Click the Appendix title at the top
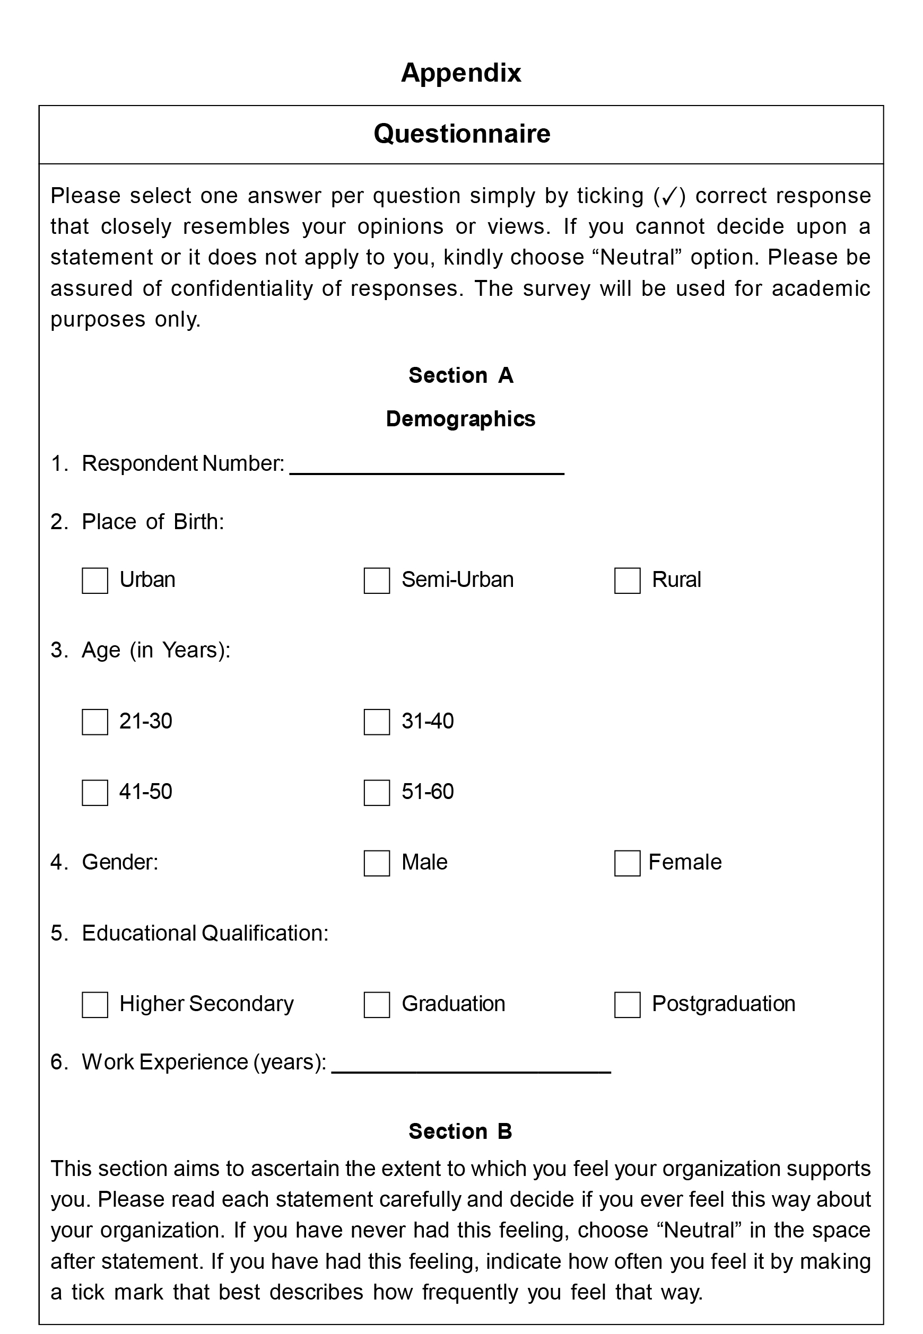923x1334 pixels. pyautogui.click(x=461, y=73)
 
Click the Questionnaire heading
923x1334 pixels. pyautogui.click(x=461, y=134)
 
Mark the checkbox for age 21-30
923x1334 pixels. pyautogui.click(x=95, y=722)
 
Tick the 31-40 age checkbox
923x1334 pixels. pyautogui.click(x=377, y=722)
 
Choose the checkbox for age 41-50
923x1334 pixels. pyautogui.click(x=95, y=793)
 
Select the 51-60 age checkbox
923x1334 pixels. pyautogui.click(x=377, y=793)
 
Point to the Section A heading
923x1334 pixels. pyautogui.click(x=461, y=376)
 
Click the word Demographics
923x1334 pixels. pyautogui.click(x=460, y=419)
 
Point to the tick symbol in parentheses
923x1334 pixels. pyautogui.click(x=668, y=197)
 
